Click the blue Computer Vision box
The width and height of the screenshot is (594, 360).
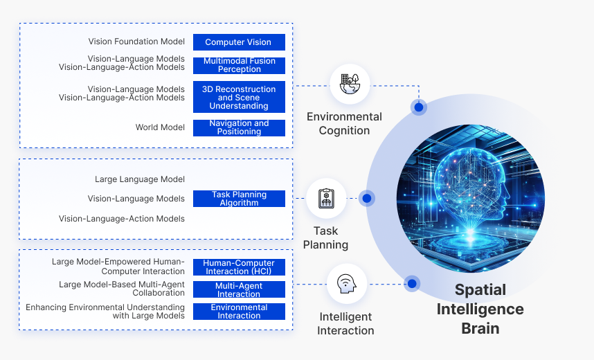point(239,42)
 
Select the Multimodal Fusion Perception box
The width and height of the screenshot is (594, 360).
point(239,65)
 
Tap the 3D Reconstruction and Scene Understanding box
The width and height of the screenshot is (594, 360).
point(239,98)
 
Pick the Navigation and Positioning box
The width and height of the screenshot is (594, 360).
point(239,127)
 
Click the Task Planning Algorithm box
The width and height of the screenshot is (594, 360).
point(239,199)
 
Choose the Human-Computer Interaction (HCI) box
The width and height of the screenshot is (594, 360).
point(239,267)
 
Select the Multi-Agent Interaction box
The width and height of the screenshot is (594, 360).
point(239,289)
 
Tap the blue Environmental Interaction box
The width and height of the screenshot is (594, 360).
point(239,312)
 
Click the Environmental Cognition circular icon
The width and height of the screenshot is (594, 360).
point(350,84)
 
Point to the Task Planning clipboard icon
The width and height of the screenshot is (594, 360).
point(326,199)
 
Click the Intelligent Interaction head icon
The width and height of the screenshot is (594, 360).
point(346,284)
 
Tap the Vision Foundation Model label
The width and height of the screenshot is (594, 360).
point(136,42)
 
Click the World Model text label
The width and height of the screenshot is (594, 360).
point(160,127)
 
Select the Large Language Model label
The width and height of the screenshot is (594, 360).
point(140,179)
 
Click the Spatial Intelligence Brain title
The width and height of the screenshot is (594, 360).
point(480,309)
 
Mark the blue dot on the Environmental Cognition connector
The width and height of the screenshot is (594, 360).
point(419,107)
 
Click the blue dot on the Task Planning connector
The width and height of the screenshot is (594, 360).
point(367,199)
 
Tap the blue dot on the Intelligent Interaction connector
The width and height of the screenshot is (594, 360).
point(412,284)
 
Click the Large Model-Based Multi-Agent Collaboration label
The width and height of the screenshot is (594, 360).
point(122,289)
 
